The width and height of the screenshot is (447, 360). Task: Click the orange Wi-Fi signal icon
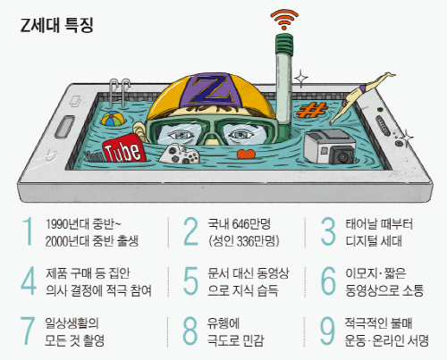click(x=284, y=20)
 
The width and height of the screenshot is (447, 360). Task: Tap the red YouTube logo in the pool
click(x=123, y=148)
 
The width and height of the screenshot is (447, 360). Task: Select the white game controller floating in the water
click(x=180, y=154)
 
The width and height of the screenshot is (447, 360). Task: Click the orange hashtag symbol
click(x=312, y=110)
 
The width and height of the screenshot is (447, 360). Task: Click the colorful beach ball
click(x=113, y=119)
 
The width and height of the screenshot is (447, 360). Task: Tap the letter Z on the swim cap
click(x=211, y=89)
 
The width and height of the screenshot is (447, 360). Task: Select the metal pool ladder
click(x=120, y=93)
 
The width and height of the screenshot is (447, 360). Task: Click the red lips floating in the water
click(x=247, y=154)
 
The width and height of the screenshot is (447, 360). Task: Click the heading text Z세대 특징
click(x=56, y=25)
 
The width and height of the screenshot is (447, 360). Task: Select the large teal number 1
click(x=28, y=231)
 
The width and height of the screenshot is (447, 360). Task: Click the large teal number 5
click(x=190, y=280)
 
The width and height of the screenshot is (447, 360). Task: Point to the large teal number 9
click(x=327, y=331)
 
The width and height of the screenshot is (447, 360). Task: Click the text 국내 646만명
click(x=239, y=224)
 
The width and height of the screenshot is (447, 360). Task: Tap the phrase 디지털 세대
click(x=374, y=240)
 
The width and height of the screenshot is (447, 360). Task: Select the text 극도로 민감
click(x=236, y=340)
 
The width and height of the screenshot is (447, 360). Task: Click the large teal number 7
click(x=28, y=331)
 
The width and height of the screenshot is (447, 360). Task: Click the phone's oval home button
click(x=64, y=127)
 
